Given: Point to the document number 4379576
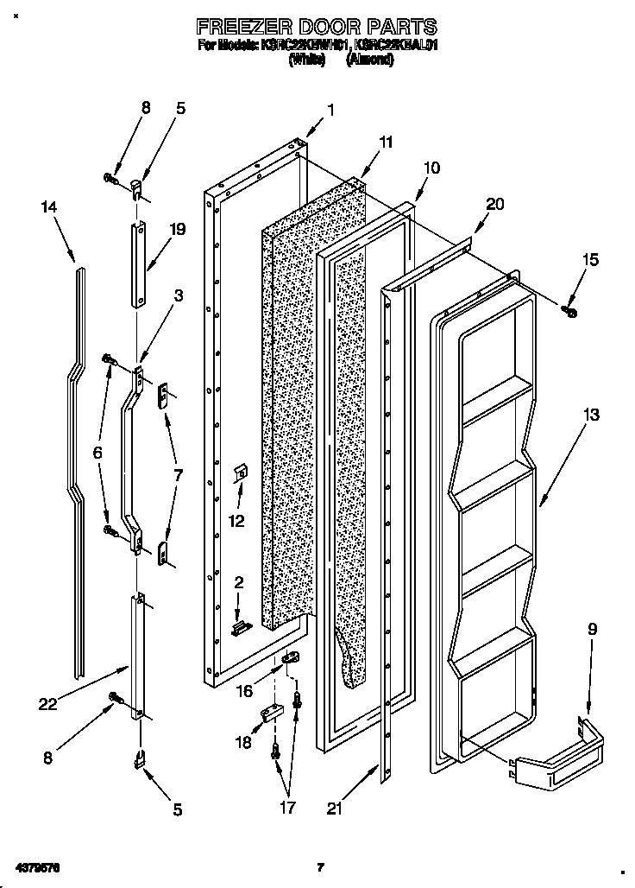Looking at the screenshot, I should click(x=40, y=866).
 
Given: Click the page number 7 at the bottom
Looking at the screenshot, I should click(x=319, y=866).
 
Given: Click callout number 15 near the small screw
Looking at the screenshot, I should click(x=589, y=259).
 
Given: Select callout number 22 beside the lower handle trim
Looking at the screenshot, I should click(x=47, y=704).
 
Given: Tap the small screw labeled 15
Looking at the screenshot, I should click(x=569, y=308).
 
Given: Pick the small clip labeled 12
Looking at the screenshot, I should click(x=242, y=473).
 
